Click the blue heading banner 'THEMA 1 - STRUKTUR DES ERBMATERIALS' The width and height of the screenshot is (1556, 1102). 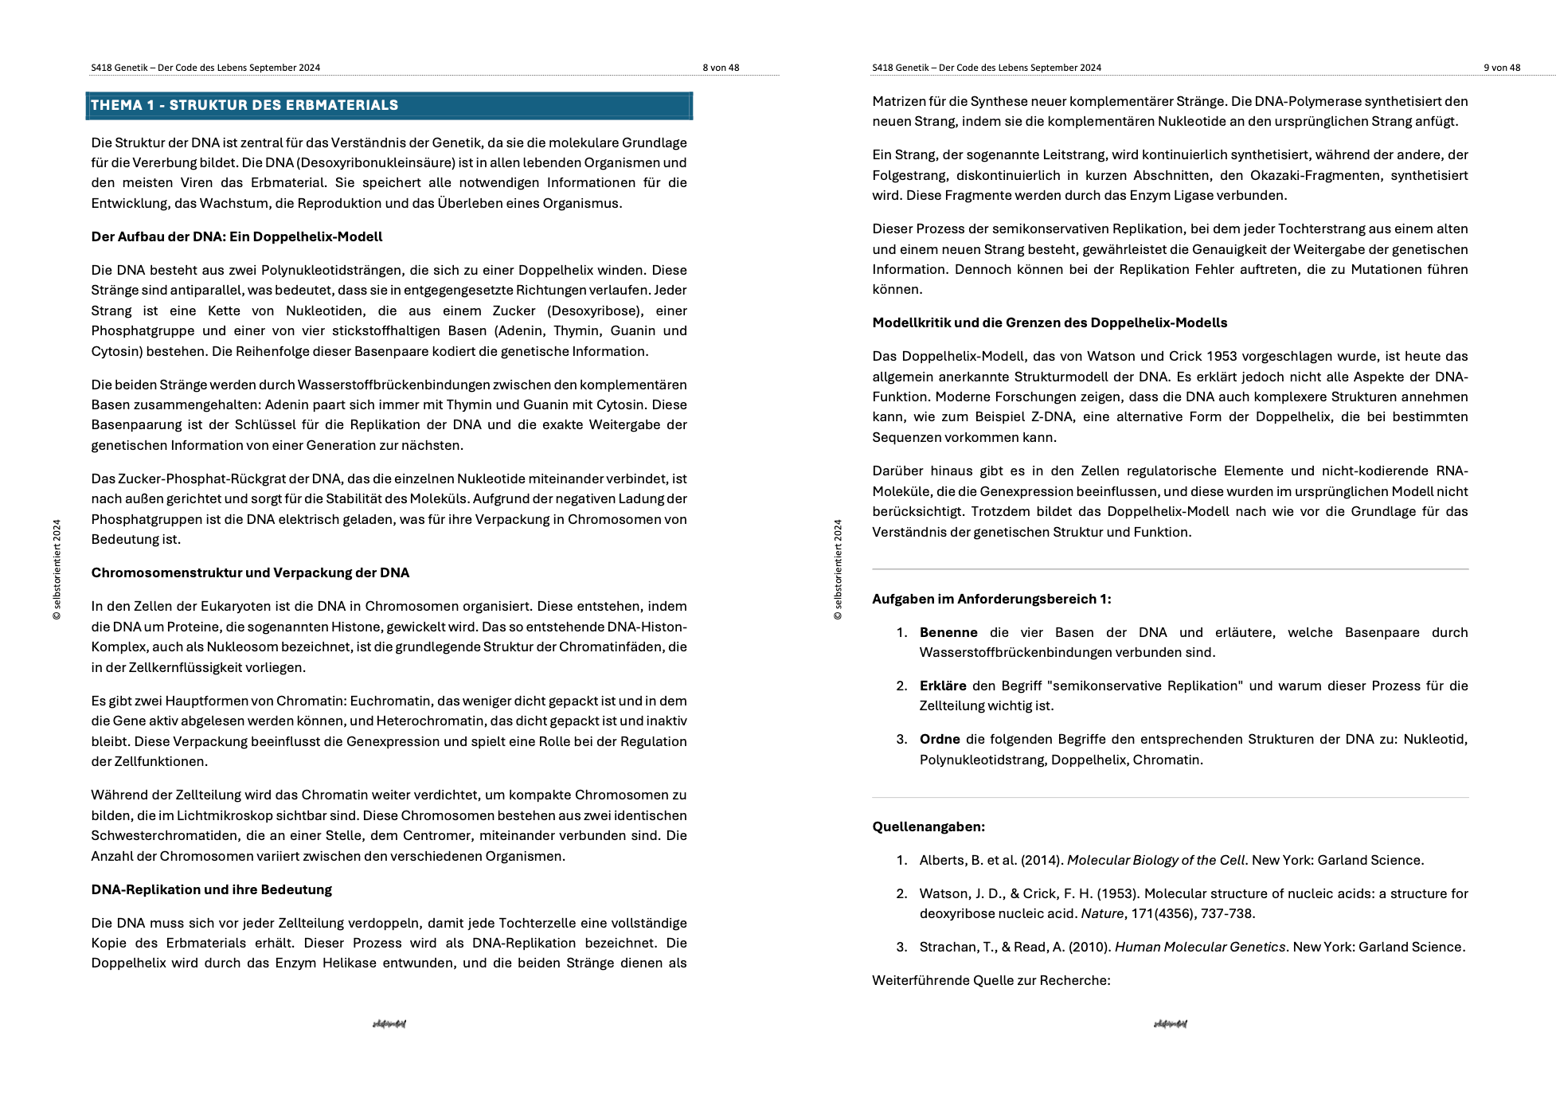click(389, 105)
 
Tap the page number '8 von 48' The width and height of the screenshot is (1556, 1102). click(721, 68)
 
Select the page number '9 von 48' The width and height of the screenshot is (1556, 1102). click(1502, 68)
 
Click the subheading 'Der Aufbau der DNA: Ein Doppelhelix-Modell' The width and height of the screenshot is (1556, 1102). click(237, 236)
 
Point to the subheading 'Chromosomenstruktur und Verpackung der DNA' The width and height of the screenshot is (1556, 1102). click(250, 572)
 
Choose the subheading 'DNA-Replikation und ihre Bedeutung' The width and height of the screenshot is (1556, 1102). click(211, 889)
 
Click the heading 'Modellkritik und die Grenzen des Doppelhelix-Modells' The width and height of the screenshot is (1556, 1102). click(1050, 322)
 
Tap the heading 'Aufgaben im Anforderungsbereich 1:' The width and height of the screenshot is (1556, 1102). click(991, 599)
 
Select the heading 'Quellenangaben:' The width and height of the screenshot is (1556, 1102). click(929, 826)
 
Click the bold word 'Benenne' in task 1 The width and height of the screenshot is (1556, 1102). click(948, 632)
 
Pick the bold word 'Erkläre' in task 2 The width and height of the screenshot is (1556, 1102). click(943, 686)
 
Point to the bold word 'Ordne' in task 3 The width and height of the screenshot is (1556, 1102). click(940, 739)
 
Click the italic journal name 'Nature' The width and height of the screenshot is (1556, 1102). click(1102, 913)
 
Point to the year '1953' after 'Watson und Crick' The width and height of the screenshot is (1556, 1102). click(1222, 356)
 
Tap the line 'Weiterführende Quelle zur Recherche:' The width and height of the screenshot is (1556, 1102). click(991, 980)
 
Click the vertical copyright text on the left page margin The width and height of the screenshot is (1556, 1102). click(57, 569)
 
